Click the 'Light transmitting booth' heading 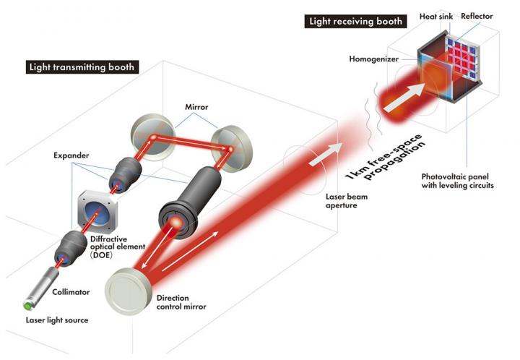(82, 68)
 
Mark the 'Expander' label (70, 155)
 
